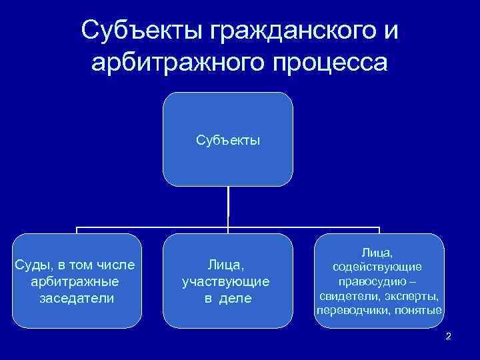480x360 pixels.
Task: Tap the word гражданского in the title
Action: [x=275, y=31]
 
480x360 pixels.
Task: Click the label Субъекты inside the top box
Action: [x=228, y=141]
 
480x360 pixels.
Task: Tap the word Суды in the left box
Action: [x=31, y=265]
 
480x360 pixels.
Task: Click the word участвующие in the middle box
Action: [x=226, y=281]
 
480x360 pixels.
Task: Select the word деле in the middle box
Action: [x=237, y=298]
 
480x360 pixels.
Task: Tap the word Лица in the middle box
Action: [x=226, y=265]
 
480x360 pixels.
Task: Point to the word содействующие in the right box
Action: [x=378, y=267]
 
